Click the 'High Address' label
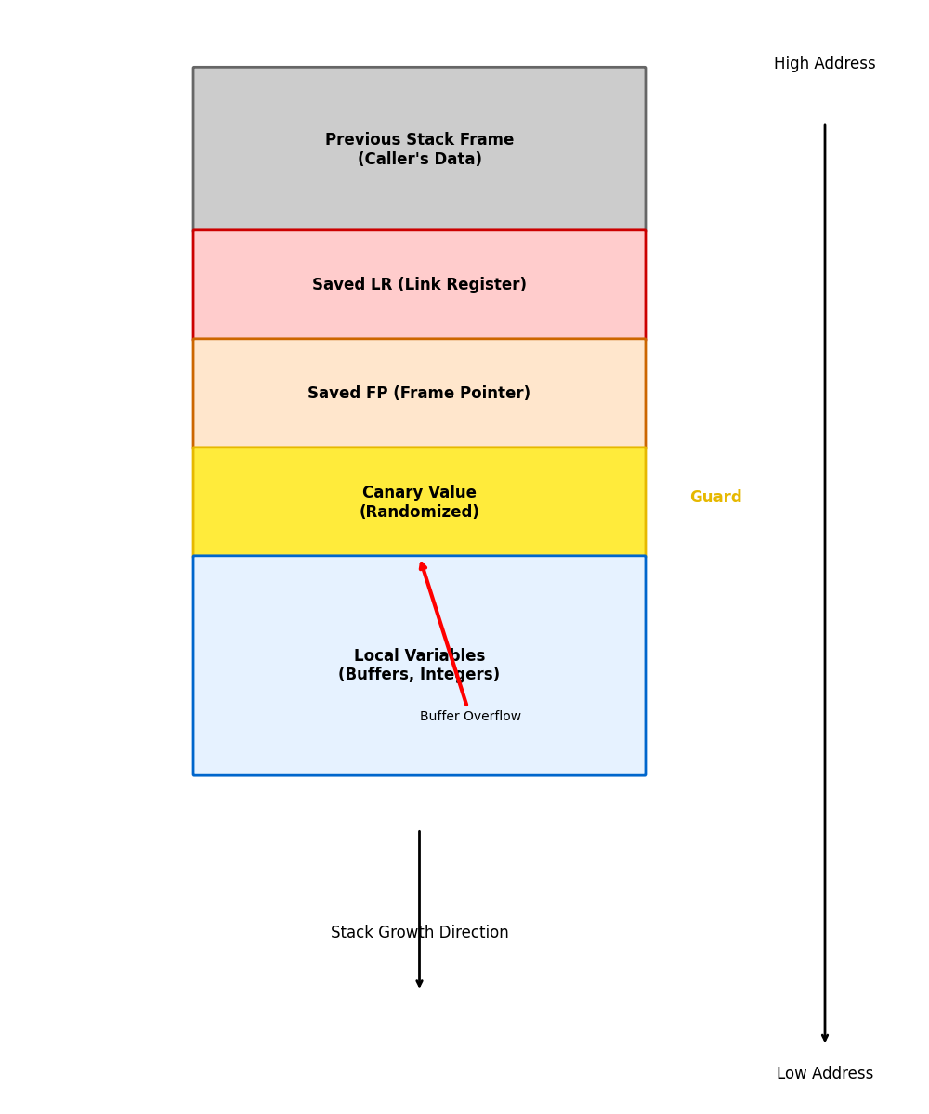tap(824, 64)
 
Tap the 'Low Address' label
tap(824, 1074)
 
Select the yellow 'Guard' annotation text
tap(715, 498)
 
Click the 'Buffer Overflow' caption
tap(470, 717)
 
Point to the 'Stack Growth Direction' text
tap(419, 933)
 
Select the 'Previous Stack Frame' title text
tap(419, 140)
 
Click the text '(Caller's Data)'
tap(419, 160)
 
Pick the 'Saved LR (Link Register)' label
tap(419, 285)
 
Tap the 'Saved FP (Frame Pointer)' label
tap(419, 394)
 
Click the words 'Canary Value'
tap(419, 493)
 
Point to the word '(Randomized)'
tap(419, 512)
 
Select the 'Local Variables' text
tap(419, 656)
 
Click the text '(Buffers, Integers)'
tap(419, 675)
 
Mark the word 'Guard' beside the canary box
tap(715, 498)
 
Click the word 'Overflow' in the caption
tap(492, 717)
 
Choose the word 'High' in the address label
tap(792, 64)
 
